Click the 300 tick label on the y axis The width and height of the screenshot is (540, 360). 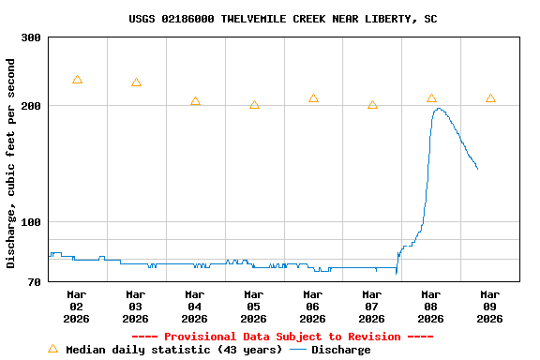tap(31, 37)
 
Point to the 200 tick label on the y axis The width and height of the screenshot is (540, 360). tap(31, 106)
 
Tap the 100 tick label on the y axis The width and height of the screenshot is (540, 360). tap(31, 222)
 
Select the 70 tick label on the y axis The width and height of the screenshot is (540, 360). tap(35, 282)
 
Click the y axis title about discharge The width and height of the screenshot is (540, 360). tap(11, 163)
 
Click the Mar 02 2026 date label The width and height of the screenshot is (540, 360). tap(77, 307)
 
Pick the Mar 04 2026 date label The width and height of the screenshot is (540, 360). tap(195, 307)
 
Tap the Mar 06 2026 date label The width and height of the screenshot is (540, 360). tap(313, 307)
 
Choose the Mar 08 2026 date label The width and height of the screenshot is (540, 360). tap(431, 307)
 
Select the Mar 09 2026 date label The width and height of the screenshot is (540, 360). tap(490, 307)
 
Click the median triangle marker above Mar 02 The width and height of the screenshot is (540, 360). tap(77, 80)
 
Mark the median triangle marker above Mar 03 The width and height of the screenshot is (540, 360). tap(136, 82)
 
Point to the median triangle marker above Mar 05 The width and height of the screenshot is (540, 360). tap(254, 105)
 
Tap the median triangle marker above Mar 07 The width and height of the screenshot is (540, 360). tap(372, 105)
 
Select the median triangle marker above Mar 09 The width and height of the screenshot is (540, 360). tap(490, 98)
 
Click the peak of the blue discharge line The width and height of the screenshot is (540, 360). tap(438, 109)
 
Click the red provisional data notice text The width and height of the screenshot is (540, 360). tap(282, 337)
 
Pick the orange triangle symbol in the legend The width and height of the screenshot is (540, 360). tap(52, 349)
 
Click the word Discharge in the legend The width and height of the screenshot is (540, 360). tap(340, 350)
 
